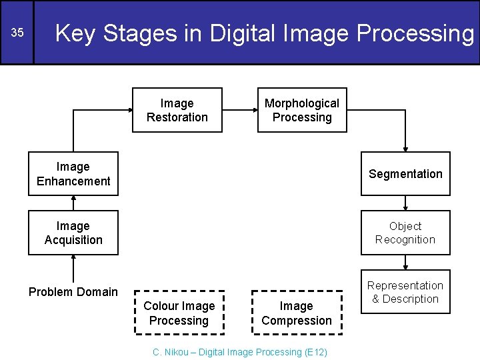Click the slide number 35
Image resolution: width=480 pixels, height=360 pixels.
17,33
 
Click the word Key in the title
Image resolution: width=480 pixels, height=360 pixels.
75,33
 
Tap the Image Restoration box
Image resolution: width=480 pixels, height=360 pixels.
177,110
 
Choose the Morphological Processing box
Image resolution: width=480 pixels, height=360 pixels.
302,110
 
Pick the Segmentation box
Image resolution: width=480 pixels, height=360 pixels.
405,174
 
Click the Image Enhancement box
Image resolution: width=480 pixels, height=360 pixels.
73,174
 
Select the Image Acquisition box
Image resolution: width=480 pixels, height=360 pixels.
73,233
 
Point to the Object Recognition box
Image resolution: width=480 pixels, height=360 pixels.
405,233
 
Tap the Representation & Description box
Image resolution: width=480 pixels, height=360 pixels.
405,292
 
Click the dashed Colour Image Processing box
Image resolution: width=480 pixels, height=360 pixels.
179,313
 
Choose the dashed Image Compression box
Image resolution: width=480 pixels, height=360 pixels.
297,313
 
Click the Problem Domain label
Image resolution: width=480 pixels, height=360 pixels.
73,292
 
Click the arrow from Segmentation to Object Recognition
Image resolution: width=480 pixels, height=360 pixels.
405,203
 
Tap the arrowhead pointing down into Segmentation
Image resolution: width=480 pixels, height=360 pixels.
405,148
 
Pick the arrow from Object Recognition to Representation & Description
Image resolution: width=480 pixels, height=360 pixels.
405,263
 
